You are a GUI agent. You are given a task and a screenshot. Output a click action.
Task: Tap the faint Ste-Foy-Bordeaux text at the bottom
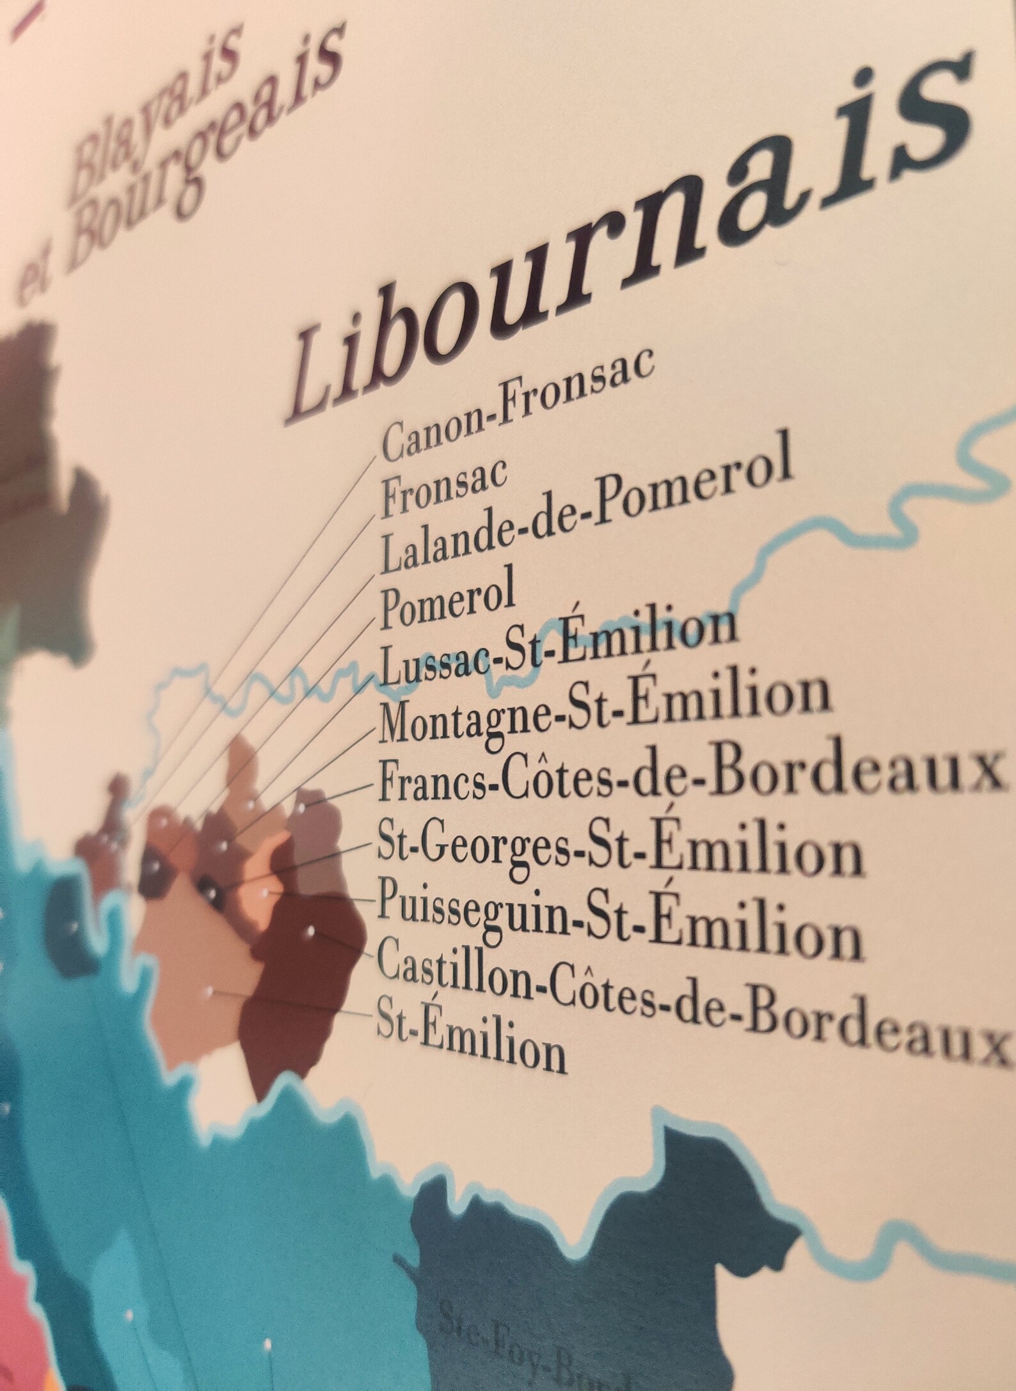tap(505, 1344)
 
